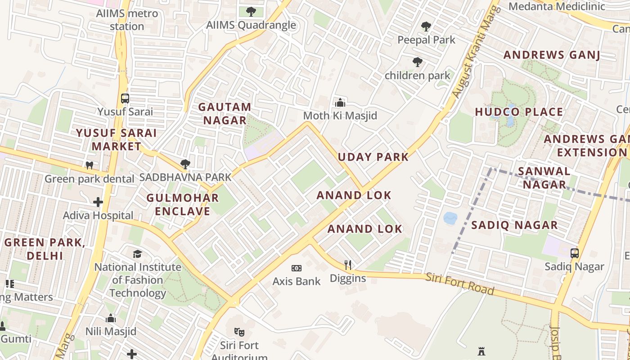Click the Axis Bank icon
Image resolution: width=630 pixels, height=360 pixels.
coord(296,268)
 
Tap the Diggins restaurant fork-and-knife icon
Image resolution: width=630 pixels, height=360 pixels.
coord(347,265)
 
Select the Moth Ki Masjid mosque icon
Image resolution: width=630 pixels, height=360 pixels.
coord(340,103)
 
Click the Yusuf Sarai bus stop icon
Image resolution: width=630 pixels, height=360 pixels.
coord(125,98)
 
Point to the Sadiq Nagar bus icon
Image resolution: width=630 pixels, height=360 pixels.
coord(575,253)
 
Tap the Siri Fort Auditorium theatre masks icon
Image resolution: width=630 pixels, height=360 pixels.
coord(239,332)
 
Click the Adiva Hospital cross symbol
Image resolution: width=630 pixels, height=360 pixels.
coord(98,202)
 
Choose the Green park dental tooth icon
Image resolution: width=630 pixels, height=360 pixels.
coord(90,165)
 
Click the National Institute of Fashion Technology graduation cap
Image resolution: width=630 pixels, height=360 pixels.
coord(138,254)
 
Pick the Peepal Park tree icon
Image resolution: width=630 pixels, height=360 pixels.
coord(426,27)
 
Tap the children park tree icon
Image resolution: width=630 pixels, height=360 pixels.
coord(418,62)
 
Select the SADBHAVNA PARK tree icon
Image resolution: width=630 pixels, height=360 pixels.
coord(185,164)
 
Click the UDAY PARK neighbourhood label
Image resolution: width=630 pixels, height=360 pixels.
coord(373,157)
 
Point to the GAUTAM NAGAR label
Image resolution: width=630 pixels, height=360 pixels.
coord(225,113)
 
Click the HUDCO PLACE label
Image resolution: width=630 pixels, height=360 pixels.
coord(519,112)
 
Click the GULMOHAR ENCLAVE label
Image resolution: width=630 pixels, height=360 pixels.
coord(183,204)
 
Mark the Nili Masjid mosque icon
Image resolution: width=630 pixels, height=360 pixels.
coord(111,319)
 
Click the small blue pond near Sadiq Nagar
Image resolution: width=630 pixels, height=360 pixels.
coord(450,218)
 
